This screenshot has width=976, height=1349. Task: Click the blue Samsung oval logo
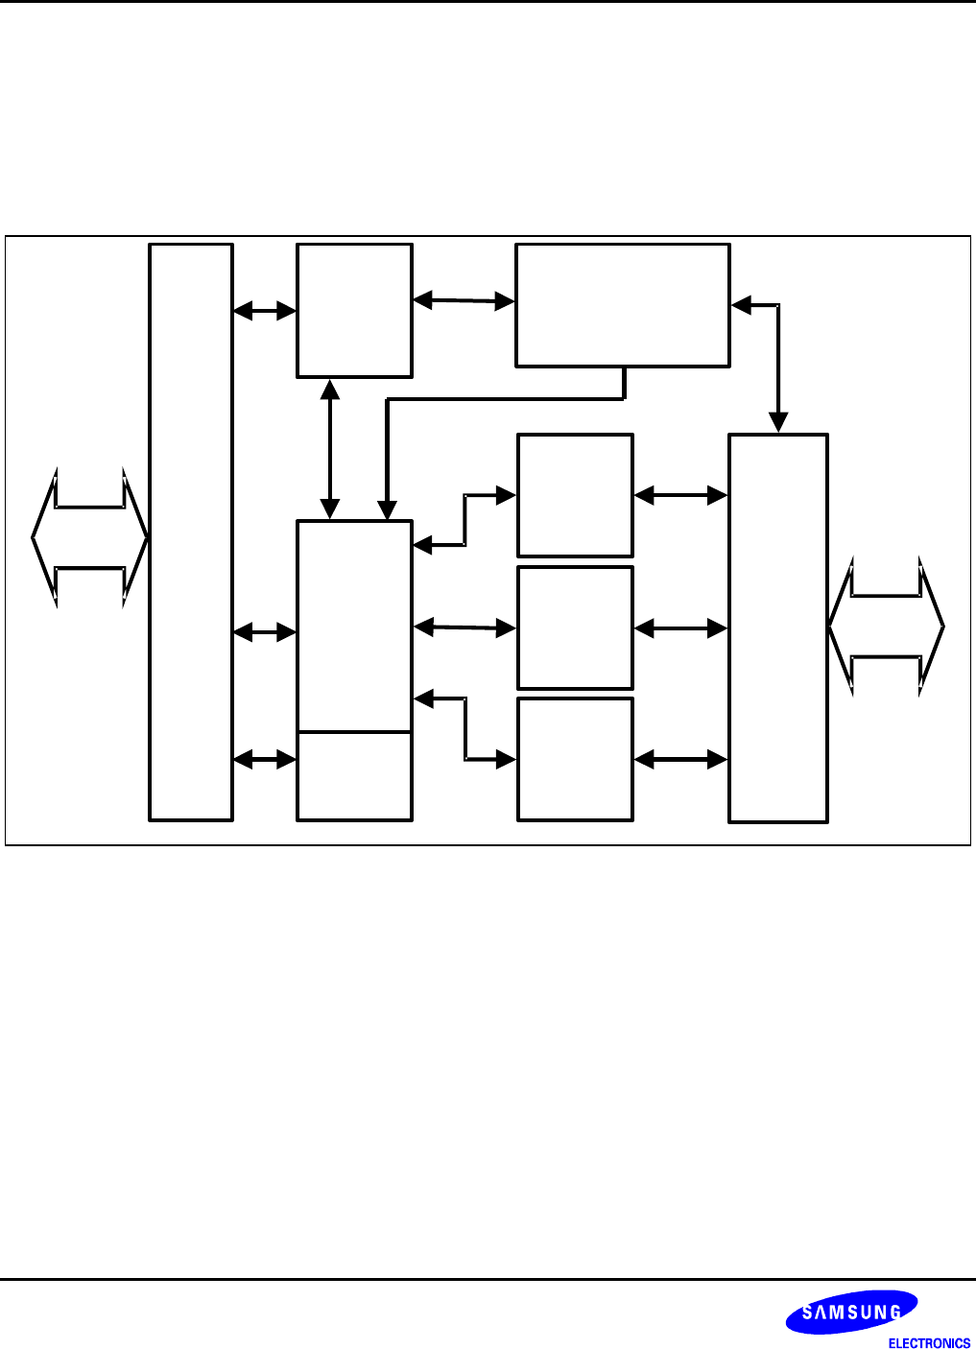pos(851,1312)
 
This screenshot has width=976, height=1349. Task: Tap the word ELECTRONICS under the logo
pos(929,1343)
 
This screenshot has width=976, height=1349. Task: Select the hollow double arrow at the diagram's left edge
pos(89,537)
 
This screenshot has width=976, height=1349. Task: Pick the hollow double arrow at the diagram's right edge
pos(886,627)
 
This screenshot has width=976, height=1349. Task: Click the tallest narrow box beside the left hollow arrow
pos(191,532)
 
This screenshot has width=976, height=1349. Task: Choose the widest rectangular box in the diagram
pos(623,305)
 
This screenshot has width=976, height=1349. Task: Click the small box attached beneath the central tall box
pos(354,776)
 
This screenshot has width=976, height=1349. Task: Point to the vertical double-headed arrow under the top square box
pos(330,449)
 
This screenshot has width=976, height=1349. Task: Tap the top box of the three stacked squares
pos(575,495)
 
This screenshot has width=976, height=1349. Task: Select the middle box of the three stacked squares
pos(575,627)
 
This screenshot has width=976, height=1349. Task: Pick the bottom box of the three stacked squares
pos(575,759)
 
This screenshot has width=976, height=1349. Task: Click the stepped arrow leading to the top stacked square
pos(465,520)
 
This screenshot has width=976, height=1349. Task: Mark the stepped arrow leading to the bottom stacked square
pos(465,729)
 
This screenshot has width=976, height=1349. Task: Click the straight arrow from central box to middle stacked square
pos(464,627)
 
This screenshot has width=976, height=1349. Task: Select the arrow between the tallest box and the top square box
pos(265,310)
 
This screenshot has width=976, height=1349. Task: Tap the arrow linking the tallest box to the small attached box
pos(265,759)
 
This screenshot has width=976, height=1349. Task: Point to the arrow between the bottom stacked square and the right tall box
pos(680,760)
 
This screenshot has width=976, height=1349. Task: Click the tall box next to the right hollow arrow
pos(778,627)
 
